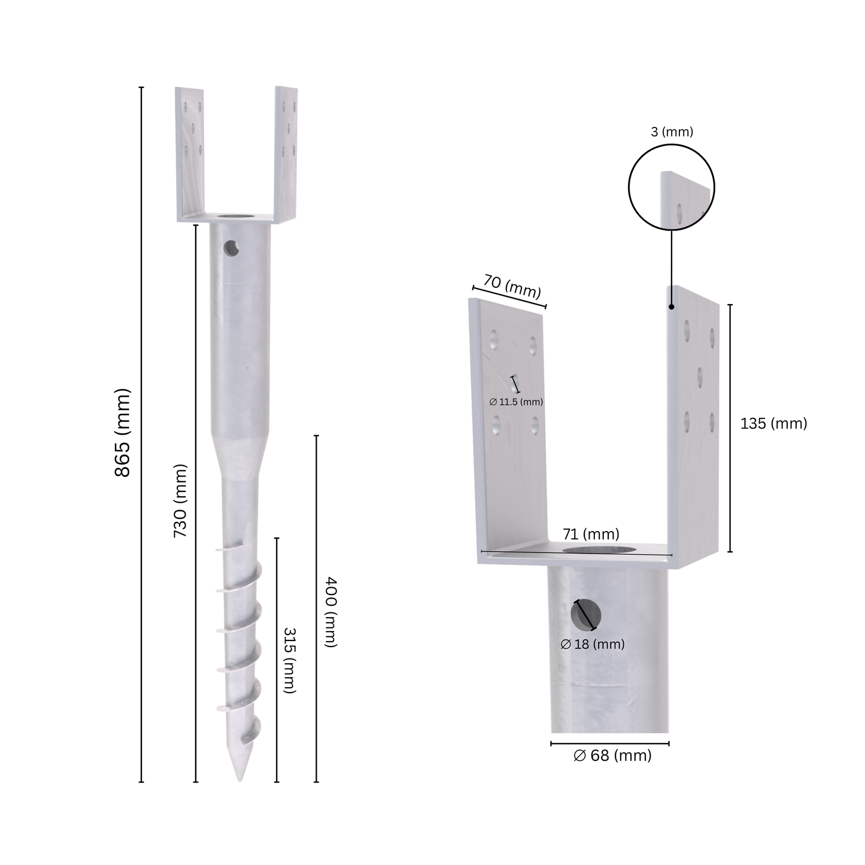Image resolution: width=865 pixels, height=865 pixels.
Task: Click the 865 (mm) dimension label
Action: pyautogui.click(x=123, y=433)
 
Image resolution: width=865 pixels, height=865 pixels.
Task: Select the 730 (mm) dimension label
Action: pyautogui.click(x=180, y=501)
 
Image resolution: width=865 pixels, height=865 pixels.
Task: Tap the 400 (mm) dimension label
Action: pyautogui.click(x=331, y=612)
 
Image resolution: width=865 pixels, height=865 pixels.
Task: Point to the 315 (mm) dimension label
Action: pyautogui.click(x=290, y=660)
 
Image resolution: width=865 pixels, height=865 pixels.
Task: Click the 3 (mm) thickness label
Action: pyautogui.click(x=672, y=132)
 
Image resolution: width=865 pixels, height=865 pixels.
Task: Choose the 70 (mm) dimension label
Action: pyautogui.click(x=512, y=286)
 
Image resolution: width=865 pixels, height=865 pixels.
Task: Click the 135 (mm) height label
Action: pyautogui.click(x=773, y=423)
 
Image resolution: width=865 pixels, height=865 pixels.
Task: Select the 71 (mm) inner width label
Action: pyautogui.click(x=591, y=534)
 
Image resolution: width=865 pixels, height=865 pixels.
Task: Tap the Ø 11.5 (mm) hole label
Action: pyautogui.click(x=516, y=402)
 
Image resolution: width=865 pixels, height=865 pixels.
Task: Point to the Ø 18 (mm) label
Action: pyautogui.click(x=593, y=644)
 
